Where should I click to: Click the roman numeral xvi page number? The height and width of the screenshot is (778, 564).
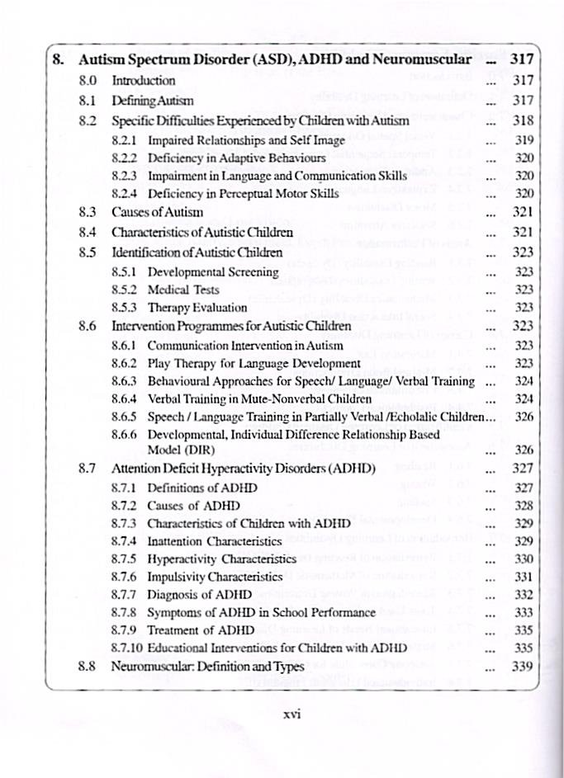point(290,714)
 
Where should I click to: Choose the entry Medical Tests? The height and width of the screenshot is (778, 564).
point(183,290)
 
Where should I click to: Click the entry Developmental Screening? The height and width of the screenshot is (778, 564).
point(213,271)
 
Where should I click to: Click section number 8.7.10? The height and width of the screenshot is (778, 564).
point(128,648)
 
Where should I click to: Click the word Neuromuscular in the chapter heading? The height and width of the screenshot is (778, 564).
point(421,59)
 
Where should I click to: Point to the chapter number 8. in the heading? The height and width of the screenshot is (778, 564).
point(57,59)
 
